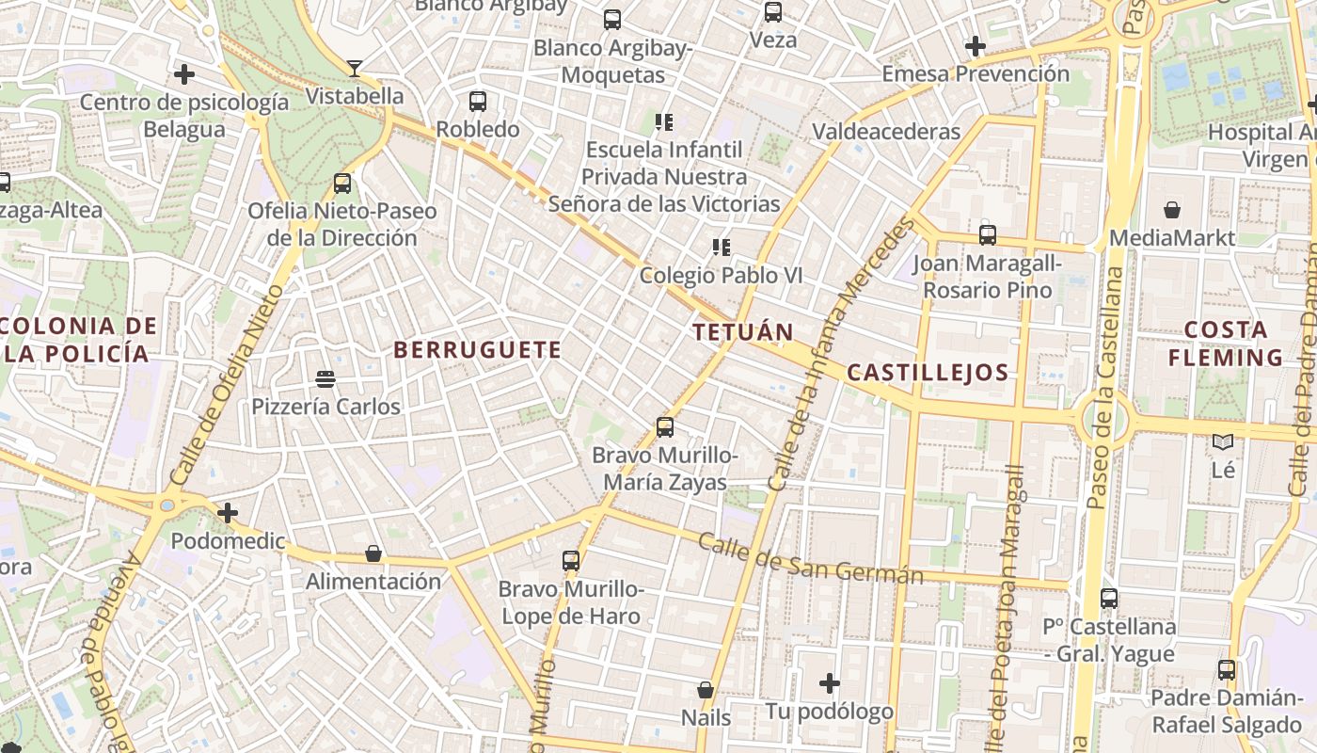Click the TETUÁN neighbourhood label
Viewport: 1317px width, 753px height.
743,331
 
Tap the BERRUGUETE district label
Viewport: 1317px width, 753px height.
477,350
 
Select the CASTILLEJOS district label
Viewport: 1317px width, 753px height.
928,373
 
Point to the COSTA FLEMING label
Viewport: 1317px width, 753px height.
1226,344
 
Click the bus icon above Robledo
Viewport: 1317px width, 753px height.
478,101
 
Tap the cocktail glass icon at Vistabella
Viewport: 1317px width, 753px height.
354,68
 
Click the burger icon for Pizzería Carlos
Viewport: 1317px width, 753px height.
325,379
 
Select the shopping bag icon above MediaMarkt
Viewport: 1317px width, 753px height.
1172,209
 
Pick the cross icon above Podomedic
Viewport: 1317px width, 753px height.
228,513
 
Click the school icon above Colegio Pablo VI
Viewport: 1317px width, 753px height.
722,248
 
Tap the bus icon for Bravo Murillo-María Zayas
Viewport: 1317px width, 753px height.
665,427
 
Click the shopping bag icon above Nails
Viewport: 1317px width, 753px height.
706,690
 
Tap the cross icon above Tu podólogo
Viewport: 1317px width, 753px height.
829,682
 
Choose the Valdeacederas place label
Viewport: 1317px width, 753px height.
886,131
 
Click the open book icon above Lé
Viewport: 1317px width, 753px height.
1223,441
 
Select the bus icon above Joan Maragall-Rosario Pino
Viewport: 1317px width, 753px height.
987,235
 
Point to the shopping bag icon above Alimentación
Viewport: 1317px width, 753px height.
373,553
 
